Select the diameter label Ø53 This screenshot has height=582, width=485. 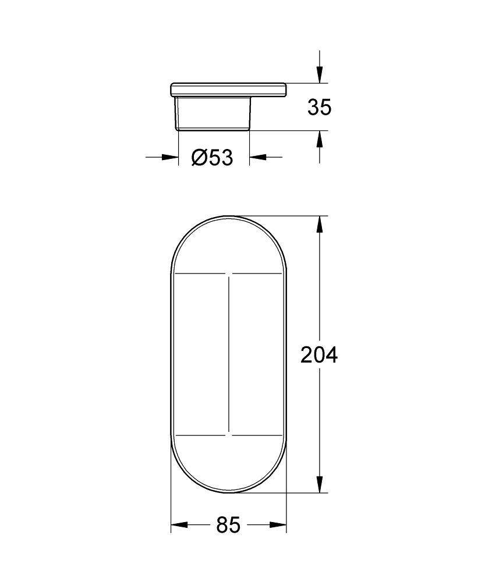pyautogui.click(x=212, y=157)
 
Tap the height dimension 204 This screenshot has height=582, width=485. pyautogui.click(x=318, y=354)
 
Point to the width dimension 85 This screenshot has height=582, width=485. pyautogui.click(x=228, y=526)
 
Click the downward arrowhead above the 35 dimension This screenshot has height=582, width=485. pyautogui.click(x=319, y=75)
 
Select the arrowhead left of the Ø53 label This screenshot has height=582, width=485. pyautogui.click(x=170, y=157)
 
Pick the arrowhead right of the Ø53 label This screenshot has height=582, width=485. pyautogui.click(x=257, y=157)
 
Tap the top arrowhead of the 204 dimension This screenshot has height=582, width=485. pyautogui.click(x=319, y=225)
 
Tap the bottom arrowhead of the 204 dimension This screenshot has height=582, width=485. pyautogui.click(x=319, y=484)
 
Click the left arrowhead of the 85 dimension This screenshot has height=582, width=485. pyautogui.click(x=178, y=526)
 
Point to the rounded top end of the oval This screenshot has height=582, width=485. pyautogui.click(x=229, y=218)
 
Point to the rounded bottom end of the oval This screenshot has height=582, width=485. pyautogui.click(x=229, y=492)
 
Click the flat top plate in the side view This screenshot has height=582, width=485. pyautogui.click(x=228, y=90)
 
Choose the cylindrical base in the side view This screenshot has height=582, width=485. pyautogui.click(x=213, y=113)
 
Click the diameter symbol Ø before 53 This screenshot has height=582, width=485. pyautogui.click(x=198, y=157)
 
